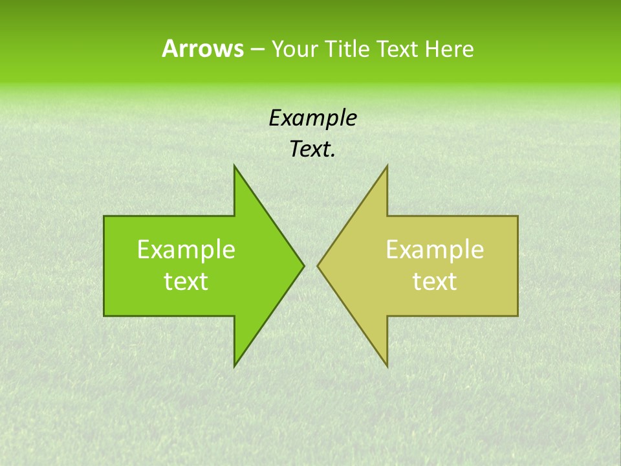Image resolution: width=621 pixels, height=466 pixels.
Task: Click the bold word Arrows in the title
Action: click(x=202, y=49)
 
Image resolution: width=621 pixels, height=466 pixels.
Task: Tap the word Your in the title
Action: click(x=295, y=49)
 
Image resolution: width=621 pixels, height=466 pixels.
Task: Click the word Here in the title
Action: click(x=450, y=49)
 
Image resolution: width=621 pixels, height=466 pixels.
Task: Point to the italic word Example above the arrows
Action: click(x=313, y=118)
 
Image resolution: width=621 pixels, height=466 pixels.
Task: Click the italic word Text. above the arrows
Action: click(x=313, y=150)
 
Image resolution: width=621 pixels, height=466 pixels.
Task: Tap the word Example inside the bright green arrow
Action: click(x=186, y=249)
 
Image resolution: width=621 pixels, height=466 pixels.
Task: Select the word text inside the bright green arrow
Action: click(x=186, y=281)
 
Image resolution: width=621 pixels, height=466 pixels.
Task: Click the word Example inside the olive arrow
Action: click(x=435, y=249)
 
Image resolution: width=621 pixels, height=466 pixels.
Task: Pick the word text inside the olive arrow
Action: click(x=435, y=281)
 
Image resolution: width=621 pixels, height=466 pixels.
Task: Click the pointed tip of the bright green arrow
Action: click(x=302, y=265)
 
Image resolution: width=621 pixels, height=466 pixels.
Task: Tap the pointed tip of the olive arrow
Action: click(x=320, y=265)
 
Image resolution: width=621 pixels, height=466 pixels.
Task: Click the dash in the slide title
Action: click(x=257, y=49)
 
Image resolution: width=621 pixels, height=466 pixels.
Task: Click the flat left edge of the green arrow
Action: click(x=105, y=265)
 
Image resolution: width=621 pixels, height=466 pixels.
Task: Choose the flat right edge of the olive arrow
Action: click(x=517, y=265)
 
